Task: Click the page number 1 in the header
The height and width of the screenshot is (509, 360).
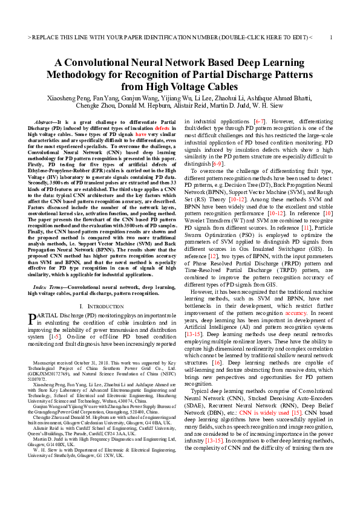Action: coord(331,37)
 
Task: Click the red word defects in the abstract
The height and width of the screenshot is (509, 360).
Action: coord(162,128)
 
